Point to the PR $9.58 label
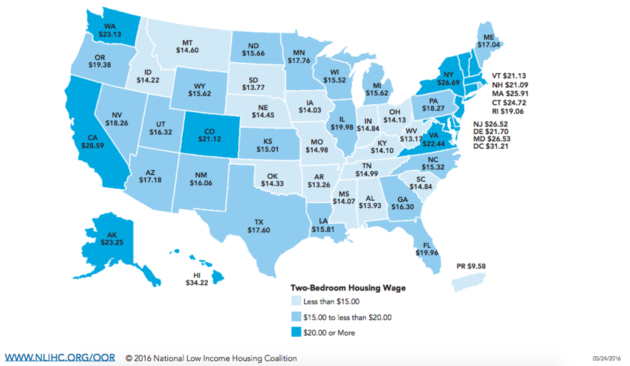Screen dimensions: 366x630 pos(473,267)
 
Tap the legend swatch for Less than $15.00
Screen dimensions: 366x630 pos(296,301)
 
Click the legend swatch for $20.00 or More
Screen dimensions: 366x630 pos(296,332)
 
